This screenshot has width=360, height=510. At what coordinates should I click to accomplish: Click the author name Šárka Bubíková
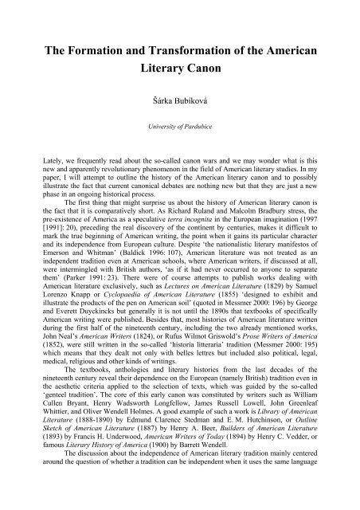point(179,101)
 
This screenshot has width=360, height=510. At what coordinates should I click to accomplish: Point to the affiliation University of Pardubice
point(180,126)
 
